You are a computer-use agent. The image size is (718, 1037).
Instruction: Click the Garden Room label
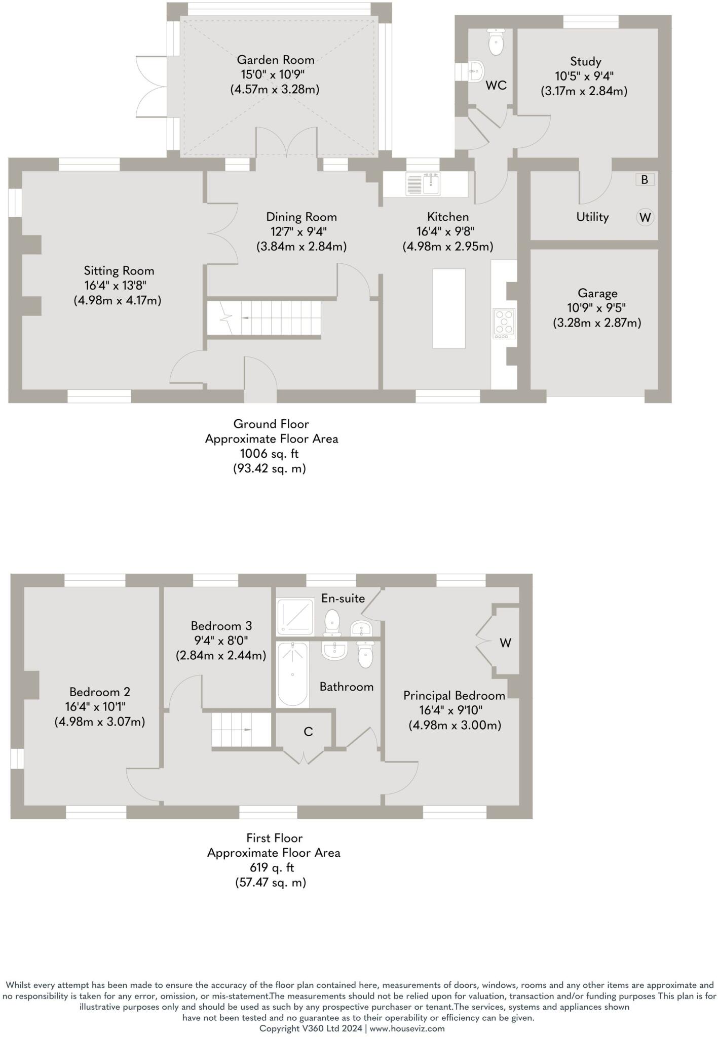[275, 60]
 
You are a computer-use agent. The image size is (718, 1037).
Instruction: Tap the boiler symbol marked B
[645, 179]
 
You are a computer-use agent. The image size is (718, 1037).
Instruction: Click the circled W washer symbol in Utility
[645, 217]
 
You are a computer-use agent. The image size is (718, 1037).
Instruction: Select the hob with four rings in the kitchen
[504, 323]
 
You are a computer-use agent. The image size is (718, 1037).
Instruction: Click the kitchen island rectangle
[448, 308]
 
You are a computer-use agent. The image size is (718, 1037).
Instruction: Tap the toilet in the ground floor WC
[496, 41]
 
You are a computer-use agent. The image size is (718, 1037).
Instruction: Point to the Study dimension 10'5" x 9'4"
[584, 76]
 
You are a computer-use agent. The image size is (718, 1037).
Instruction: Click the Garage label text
[597, 293]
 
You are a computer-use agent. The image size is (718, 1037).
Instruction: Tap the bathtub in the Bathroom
[293, 674]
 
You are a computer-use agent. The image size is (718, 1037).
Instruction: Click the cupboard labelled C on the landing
[308, 731]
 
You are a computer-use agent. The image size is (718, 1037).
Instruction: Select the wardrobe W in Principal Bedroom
[505, 643]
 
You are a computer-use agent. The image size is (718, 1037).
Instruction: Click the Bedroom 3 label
[221, 626]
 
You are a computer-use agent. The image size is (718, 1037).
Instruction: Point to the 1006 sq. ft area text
[269, 454]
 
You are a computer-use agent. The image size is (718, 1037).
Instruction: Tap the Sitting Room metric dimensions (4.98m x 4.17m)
[118, 300]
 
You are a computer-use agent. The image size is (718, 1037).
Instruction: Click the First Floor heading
[274, 838]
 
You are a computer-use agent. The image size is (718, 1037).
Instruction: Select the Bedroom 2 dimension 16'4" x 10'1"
[99, 706]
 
